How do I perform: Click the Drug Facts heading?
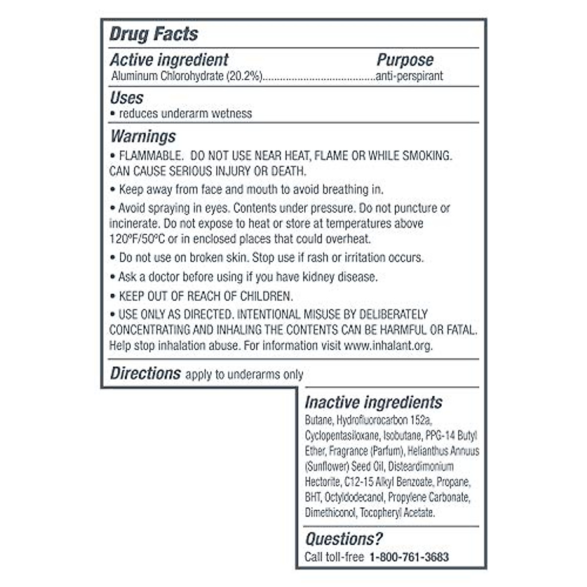pos(154,34)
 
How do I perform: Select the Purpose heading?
pos(405,60)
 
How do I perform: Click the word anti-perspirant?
pos(409,76)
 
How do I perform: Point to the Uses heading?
pos(126,98)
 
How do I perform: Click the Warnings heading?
pos(143,136)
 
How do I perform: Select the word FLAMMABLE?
pos(150,156)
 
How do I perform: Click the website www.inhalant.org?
pos(388,346)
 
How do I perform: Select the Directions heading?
pos(145,374)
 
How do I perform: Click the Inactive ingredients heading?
pos(373,403)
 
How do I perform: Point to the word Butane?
pos(319,420)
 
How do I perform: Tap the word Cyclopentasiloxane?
pos(341,436)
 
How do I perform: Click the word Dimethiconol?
pos(331,513)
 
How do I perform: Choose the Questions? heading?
pos(343,539)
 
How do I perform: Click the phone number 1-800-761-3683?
pos(409,557)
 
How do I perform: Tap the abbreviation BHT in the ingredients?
pos(313,497)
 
